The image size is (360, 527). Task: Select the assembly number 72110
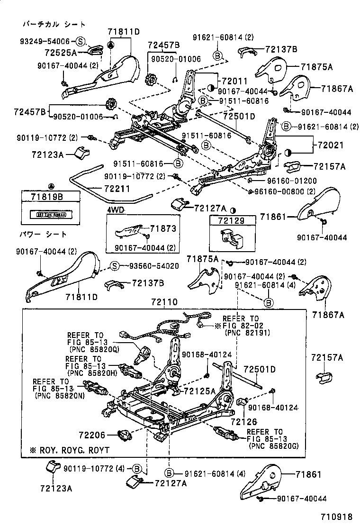(x=164, y=301)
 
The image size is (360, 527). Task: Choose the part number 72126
(x=244, y=421)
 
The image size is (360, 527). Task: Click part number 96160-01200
(x=285, y=181)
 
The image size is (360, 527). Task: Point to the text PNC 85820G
(x=272, y=446)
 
